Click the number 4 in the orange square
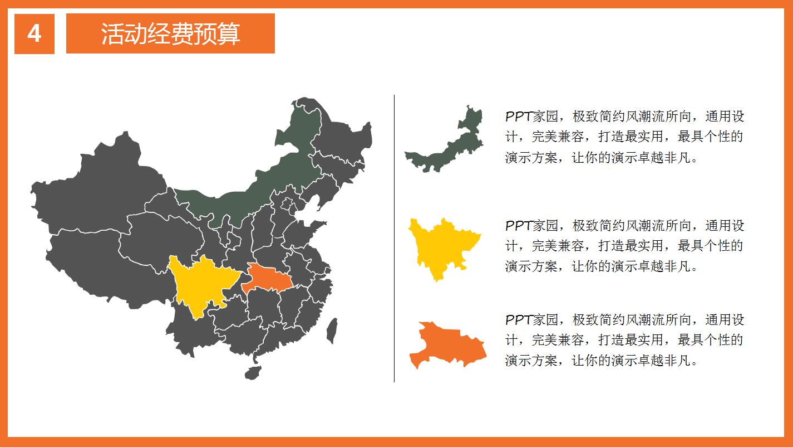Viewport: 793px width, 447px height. point(34,34)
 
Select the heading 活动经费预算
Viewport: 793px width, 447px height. point(170,34)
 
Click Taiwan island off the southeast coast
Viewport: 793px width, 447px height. point(332,331)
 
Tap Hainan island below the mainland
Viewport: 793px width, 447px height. point(253,372)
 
